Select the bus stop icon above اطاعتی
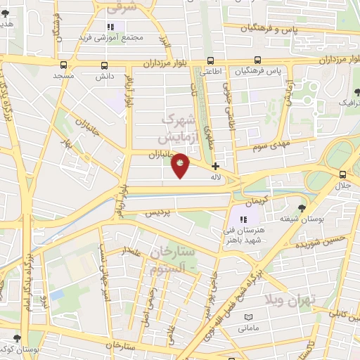[210, 60]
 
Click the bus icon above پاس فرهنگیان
[259, 60]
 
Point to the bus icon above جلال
[342, 175]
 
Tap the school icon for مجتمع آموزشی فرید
[109, 27]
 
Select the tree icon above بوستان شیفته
[302, 208]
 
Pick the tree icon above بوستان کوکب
[26, 339]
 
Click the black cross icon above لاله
[215, 166]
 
